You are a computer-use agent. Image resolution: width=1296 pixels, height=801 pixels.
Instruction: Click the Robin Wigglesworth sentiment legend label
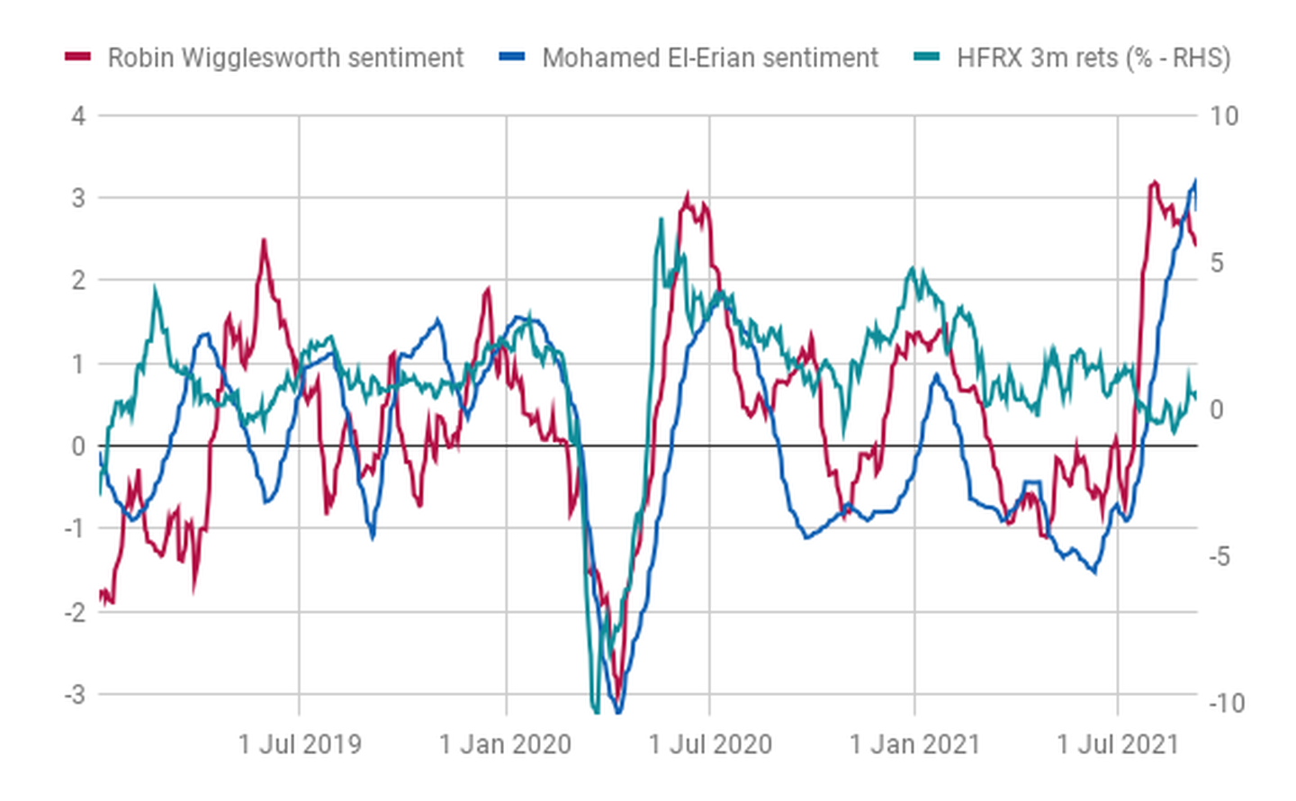[285, 58]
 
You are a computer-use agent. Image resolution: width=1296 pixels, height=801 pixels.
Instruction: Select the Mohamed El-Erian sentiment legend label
[709, 58]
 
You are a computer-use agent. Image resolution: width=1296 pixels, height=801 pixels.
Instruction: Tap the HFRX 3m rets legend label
[1093, 58]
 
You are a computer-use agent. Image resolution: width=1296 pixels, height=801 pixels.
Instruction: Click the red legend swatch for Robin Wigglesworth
[78, 58]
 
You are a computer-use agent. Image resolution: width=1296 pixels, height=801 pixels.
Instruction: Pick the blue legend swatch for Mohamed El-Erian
[511, 58]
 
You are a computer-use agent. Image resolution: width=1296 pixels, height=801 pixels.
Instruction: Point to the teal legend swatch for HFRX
[926, 58]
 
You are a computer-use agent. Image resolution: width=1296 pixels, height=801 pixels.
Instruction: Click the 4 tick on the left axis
[79, 116]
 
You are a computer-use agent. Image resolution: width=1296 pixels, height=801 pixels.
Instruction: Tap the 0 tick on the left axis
[79, 446]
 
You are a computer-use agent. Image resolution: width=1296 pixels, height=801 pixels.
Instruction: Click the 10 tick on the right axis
[1224, 116]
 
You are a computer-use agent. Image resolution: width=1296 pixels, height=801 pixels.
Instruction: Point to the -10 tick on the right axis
[1226, 703]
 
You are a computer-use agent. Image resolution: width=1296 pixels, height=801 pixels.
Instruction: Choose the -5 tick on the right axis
[1219, 556]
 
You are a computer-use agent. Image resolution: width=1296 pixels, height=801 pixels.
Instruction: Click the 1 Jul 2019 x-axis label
[300, 744]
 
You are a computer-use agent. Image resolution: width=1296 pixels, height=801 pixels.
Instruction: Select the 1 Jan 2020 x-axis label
[505, 744]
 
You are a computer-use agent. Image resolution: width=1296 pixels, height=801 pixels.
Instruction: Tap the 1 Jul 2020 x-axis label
[710, 744]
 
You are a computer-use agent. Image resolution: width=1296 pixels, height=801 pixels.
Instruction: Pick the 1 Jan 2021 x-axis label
[914, 744]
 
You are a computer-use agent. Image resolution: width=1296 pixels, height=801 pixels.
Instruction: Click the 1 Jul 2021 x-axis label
[1118, 744]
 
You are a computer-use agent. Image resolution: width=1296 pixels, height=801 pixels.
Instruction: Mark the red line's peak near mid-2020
[688, 195]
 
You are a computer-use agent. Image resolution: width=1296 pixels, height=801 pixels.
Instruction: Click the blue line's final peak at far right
[1195, 181]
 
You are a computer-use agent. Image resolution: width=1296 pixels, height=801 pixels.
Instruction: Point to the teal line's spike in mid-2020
[661, 219]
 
